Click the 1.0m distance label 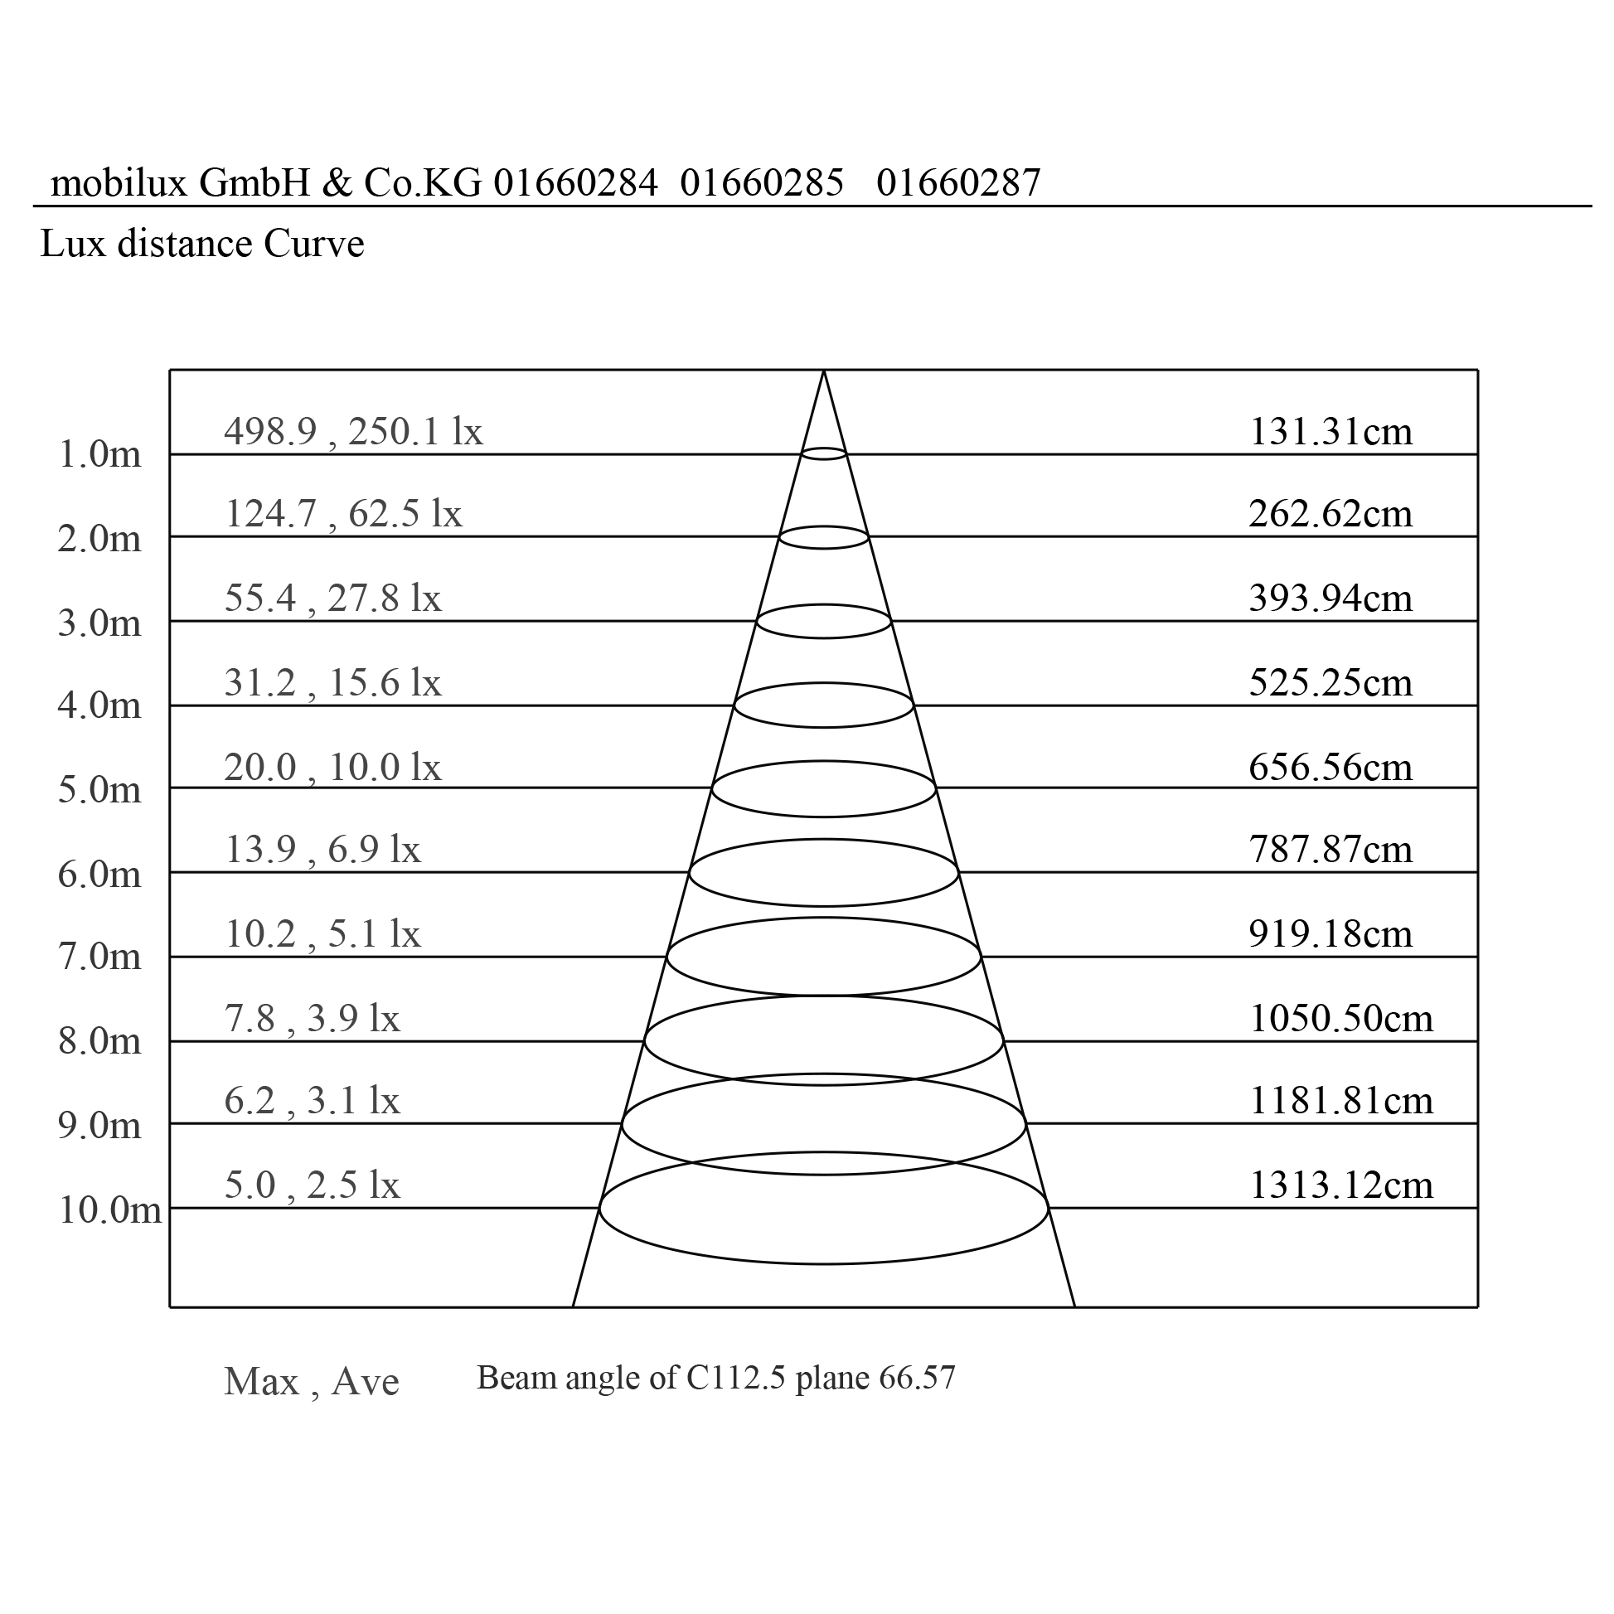point(99,454)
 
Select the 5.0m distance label point(99,790)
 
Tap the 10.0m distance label point(109,1210)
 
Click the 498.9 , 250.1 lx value point(353,432)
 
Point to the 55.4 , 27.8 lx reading point(332,599)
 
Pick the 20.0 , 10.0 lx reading point(332,767)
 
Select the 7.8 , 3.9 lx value point(312,1018)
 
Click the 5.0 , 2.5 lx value point(312,1185)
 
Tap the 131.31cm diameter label point(1330,432)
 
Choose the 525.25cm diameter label point(1330,683)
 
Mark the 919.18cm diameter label point(1330,934)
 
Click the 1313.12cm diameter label point(1340,1185)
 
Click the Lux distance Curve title point(202,244)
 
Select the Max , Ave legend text point(312,1382)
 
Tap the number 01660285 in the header point(762,183)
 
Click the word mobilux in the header point(119,183)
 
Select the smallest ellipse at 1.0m point(824,453)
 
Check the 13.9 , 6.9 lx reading point(322,850)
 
